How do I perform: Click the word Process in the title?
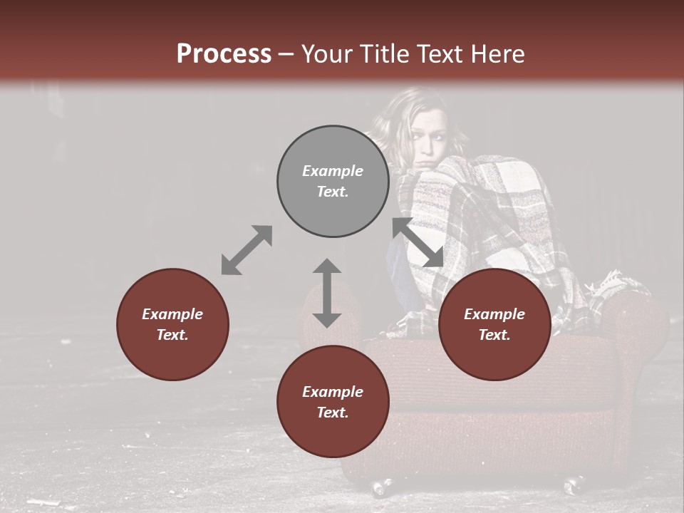click(224, 54)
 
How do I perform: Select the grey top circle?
click(333, 181)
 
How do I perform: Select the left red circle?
click(172, 324)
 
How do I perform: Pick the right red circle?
click(494, 324)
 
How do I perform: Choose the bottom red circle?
click(333, 402)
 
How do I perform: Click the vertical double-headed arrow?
click(327, 293)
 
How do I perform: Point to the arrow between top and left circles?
click(247, 250)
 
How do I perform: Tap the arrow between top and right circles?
click(418, 242)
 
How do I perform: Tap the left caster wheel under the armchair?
click(380, 488)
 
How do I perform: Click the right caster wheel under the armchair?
click(574, 486)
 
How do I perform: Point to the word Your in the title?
click(326, 54)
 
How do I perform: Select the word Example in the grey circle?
click(333, 171)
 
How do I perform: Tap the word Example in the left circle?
click(172, 314)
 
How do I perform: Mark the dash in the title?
click(286, 55)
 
